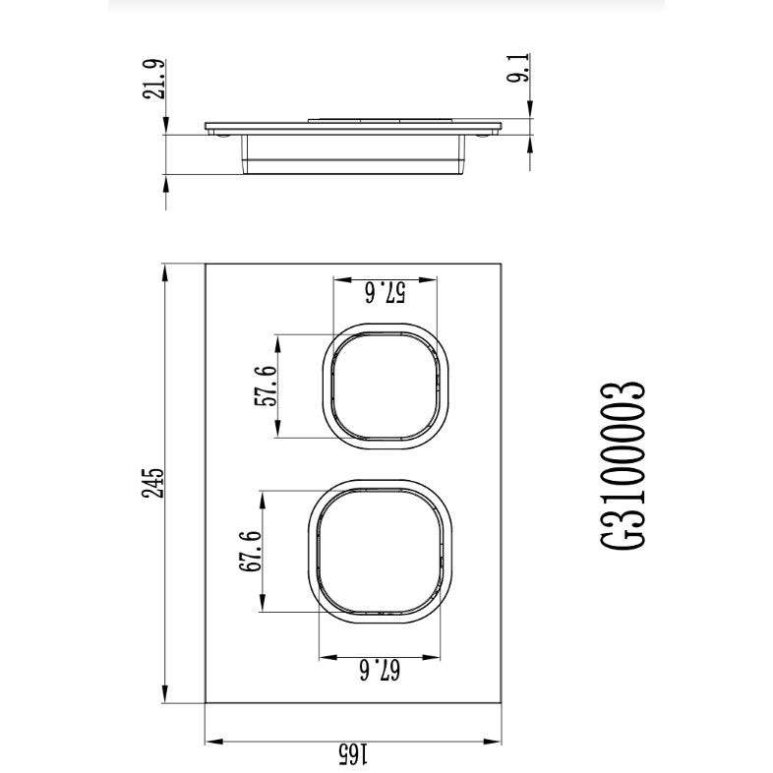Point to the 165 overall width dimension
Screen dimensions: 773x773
coord(353,752)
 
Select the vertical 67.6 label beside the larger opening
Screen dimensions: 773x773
coord(250,553)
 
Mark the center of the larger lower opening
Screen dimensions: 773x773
coord(385,552)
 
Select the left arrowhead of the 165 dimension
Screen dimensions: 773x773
coord(209,741)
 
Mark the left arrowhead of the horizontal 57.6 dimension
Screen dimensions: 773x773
coord(338,280)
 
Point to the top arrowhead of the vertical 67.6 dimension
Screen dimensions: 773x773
coord(263,495)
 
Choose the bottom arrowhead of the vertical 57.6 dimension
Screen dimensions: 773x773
coord(279,434)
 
